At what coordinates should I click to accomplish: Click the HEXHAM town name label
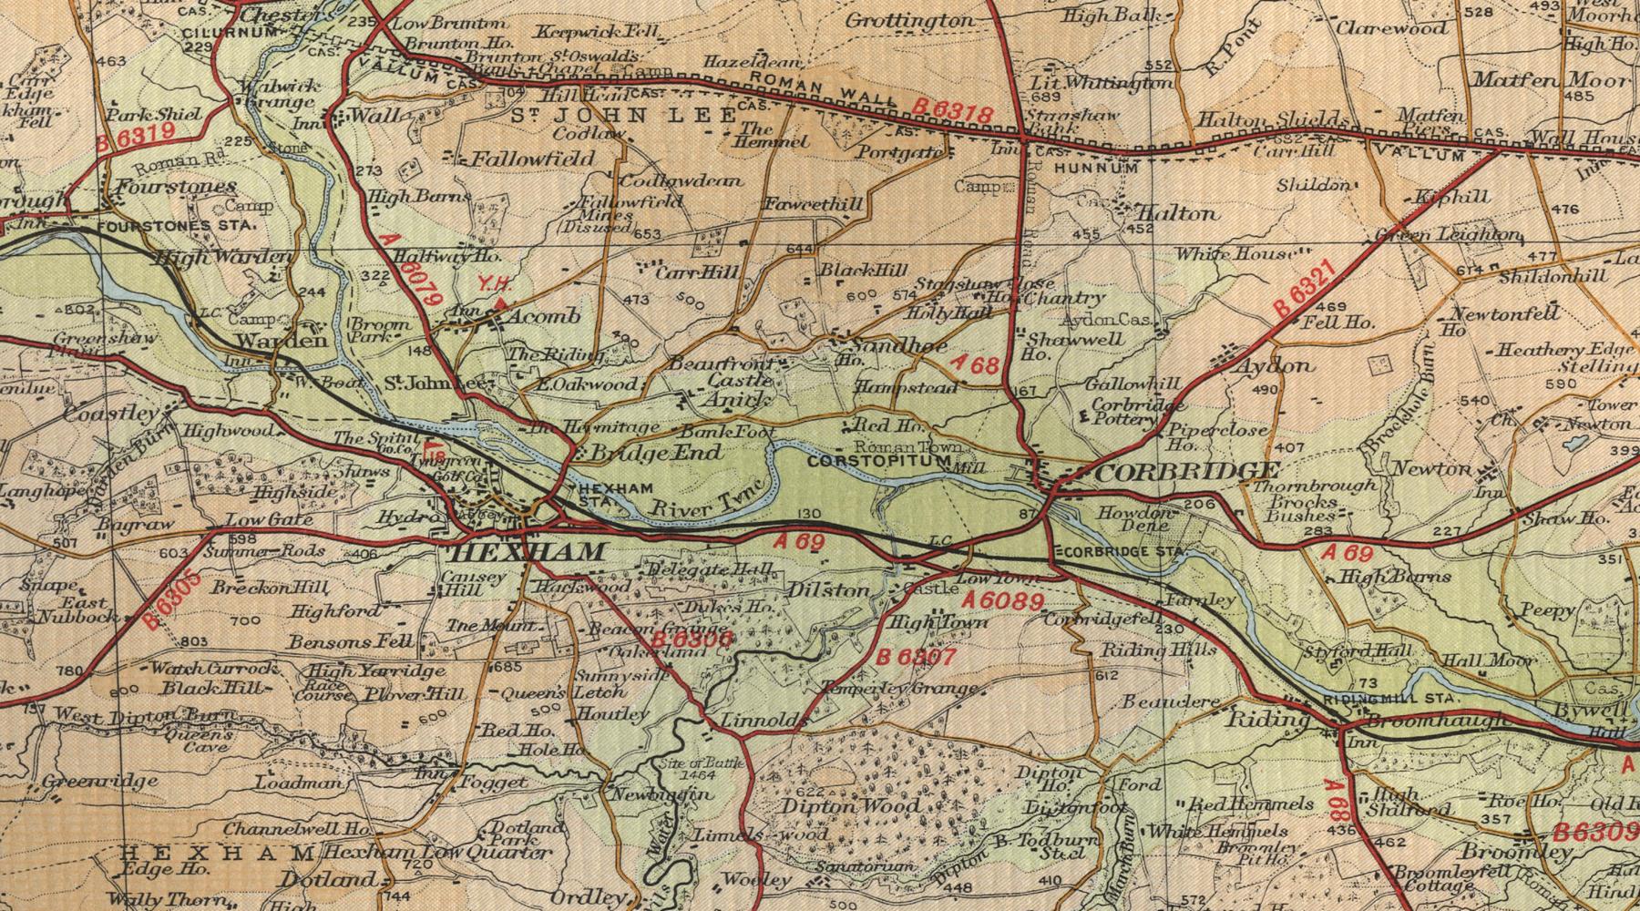pos(528,552)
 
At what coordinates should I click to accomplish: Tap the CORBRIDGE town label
pos(1189,471)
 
